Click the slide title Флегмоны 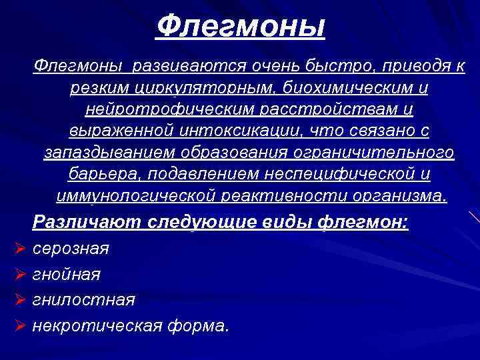(241, 27)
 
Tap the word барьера (98, 175)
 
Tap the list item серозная (71, 249)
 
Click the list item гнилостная (83, 300)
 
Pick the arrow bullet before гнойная (19, 274)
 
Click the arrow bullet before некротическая (19, 326)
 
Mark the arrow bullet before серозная (19, 249)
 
